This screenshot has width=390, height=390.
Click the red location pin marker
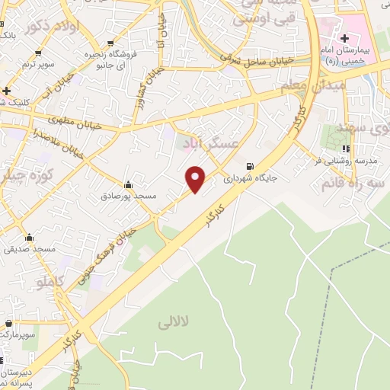(x=197, y=178)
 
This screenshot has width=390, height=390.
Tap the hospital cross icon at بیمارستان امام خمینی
(x=345, y=37)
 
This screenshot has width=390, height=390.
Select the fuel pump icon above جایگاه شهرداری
(x=250, y=167)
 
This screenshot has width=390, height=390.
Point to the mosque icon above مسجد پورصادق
(x=128, y=184)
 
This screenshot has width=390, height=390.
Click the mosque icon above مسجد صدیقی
(x=29, y=237)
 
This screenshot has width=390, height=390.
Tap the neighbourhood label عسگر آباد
(x=209, y=142)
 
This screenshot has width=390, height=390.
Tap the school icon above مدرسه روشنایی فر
(x=347, y=149)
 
